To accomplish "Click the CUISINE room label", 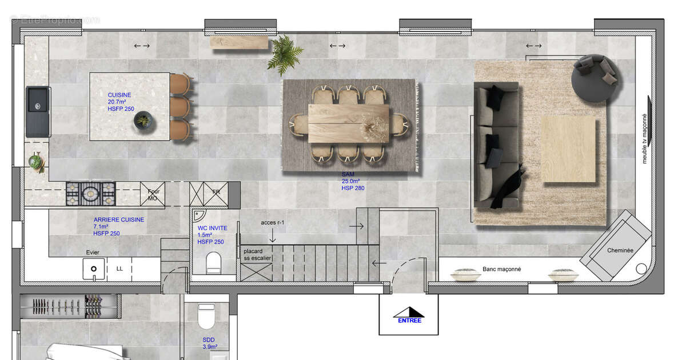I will click(x=119, y=95).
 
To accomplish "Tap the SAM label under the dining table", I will click(x=348, y=175).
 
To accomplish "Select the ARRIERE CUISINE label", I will click(x=119, y=220).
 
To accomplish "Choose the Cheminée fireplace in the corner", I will click(x=620, y=250).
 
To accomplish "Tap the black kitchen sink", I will click(x=38, y=111).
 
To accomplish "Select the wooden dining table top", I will click(x=349, y=122).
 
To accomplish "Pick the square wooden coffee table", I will click(x=569, y=150).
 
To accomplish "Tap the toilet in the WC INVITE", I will click(x=214, y=262).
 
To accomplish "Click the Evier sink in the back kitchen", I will click(x=93, y=268).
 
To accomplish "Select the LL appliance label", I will click(x=119, y=268).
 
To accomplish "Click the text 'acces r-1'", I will click(x=272, y=222).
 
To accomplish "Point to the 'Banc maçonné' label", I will click(x=501, y=269).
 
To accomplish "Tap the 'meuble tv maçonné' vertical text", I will click(x=645, y=130).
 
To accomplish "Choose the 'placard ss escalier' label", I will click(x=256, y=255).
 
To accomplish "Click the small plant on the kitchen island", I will click(x=142, y=120).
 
